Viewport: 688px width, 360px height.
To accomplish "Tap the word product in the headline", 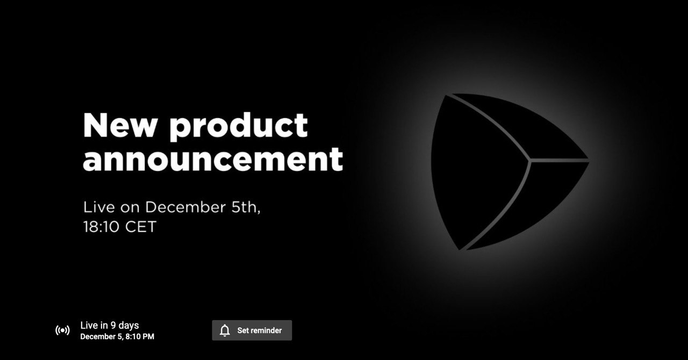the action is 239,127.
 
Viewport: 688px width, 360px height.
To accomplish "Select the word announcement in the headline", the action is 213,159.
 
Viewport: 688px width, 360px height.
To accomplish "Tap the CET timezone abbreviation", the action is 141,227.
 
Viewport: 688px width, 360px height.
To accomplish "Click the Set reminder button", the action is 252,330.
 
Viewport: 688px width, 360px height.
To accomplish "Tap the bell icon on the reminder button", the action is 225,330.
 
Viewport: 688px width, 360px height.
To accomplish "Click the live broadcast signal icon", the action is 62,330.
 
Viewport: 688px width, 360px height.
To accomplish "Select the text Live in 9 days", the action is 110,325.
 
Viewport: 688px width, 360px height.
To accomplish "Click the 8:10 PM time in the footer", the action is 140,337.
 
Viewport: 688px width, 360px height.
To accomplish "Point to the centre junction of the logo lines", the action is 530,160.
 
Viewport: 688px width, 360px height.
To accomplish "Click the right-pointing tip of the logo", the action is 589,160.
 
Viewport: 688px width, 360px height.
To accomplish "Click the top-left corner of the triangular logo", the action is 447,95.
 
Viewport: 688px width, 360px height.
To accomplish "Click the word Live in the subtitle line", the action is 99,207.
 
